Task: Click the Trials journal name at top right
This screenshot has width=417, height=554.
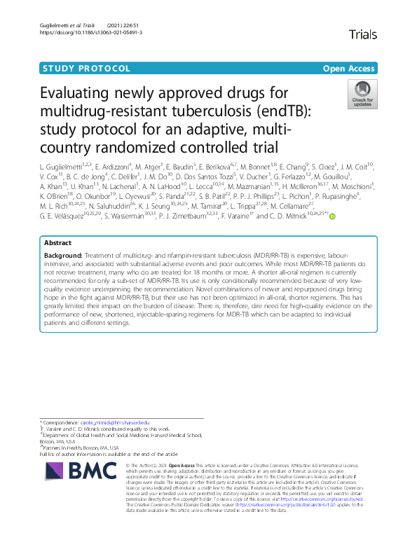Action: pos(362,34)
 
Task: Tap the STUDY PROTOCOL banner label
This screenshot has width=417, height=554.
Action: pos(87,69)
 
